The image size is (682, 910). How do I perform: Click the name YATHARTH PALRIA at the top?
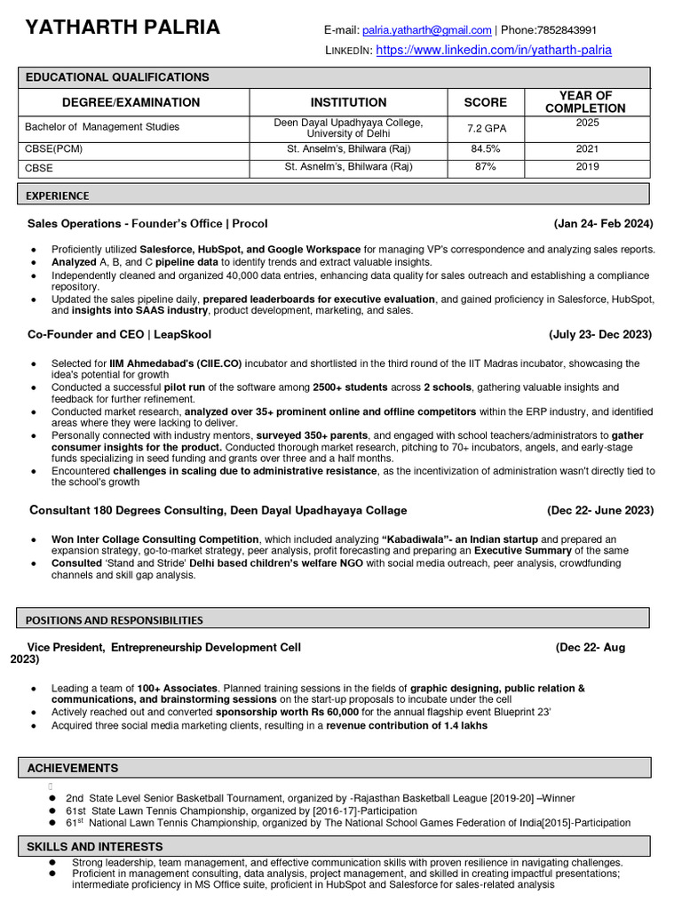(x=123, y=28)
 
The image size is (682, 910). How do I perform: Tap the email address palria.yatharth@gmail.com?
(x=426, y=30)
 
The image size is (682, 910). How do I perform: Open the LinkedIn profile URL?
(x=494, y=51)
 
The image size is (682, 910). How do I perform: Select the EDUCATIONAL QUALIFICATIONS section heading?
(x=117, y=78)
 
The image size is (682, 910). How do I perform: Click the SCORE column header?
(x=486, y=102)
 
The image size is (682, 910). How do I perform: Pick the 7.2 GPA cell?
(x=486, y=128)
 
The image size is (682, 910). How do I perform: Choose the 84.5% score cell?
(x=486, y=149)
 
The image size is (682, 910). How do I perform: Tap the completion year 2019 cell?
(x=587, y=166)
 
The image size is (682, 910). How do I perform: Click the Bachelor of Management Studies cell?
(x=102, y=127)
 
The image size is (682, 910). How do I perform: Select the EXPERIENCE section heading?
(x=58, y=196)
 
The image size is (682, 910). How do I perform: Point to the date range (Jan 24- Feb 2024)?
(x=603, y=224)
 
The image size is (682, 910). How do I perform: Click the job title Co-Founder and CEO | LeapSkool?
(x=119, y=335)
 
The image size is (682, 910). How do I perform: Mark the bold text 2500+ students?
(x=350, y=388)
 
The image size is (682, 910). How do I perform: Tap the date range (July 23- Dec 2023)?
(x=600, y=335)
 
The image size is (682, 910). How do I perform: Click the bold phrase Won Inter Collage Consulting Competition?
(x=155, y=539)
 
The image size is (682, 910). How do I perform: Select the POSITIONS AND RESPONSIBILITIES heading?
(x=114, y=620)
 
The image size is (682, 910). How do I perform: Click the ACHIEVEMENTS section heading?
(x=72, y=768)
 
